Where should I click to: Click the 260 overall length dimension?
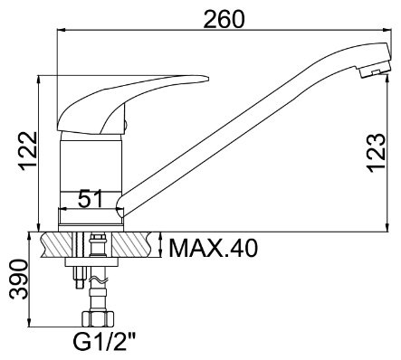(224, 19)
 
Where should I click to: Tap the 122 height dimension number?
(28, 151)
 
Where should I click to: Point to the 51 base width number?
(91, 199)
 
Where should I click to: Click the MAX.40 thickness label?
(214, 248)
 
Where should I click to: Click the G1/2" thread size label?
(102, 341)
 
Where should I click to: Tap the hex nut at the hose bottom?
(99, 318)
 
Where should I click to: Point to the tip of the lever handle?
(207, 79)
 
